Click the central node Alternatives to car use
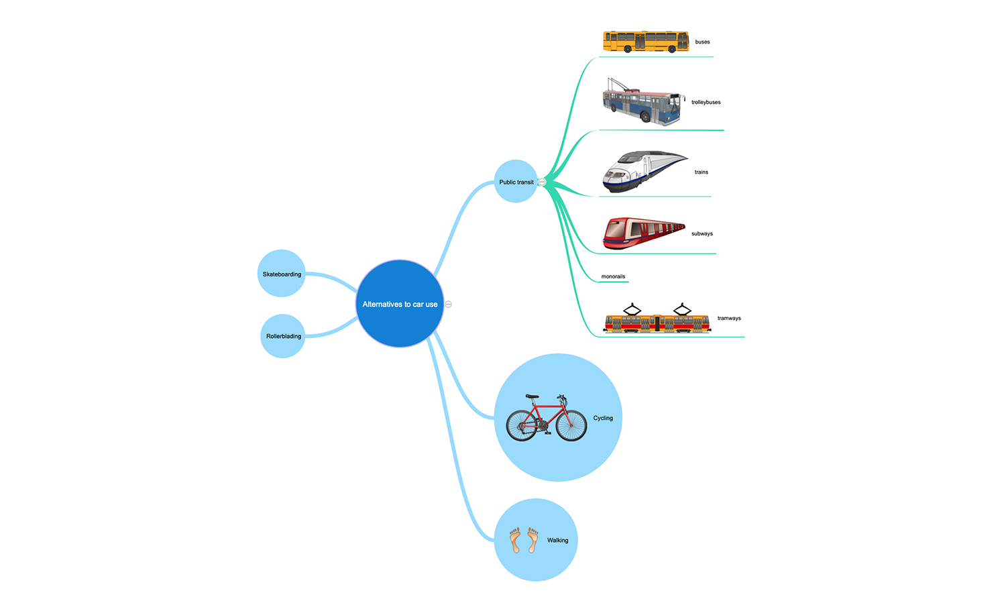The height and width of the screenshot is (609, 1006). pos(400,304)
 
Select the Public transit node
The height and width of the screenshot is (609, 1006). pos(516,182)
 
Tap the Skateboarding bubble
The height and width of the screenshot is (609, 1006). pos(282,274)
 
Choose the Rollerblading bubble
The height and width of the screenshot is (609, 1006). pos(283,336)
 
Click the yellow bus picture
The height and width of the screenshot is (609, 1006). pos(646,42)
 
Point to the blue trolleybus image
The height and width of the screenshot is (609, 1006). pos(642,103)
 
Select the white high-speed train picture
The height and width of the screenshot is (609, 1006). pos(643,172)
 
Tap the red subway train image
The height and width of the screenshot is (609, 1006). pos(643,233)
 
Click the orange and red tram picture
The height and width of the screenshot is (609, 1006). pos(657,320)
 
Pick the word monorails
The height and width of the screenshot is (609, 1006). pos(613,276)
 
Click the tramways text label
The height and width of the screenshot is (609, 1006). pos(729,318)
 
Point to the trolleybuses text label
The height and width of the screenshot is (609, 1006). pos(706,102)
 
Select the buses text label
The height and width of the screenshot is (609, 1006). pos(702,42)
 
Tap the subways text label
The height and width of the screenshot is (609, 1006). pos(702,233)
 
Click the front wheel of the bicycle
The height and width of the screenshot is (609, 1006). pos(571,425)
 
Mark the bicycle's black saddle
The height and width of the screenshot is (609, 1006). pos(533,396)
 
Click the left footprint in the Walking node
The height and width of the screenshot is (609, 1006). pos(515,540)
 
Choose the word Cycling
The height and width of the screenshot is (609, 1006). pos(603,418)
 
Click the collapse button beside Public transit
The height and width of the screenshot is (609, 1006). pos(542,182)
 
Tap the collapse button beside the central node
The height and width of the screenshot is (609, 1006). pos(449,304)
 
